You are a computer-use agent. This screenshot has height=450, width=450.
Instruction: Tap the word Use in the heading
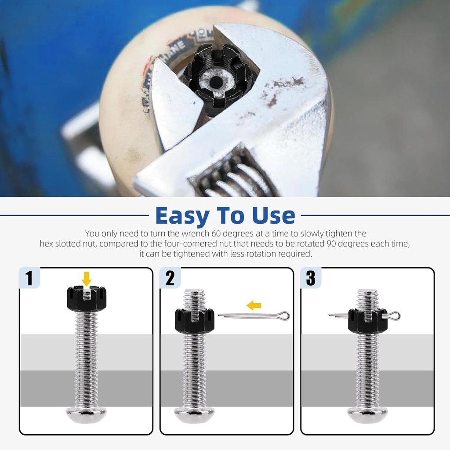pyautogui.click(x=273, y=215)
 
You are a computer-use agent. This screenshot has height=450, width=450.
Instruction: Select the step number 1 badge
pyautogui.click(x=29, y=278)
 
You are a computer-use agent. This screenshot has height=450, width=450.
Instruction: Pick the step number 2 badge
pyautogui.click(x=170, y=278)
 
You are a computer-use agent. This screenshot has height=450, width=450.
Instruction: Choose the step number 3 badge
pyautogui.click(x=311, y=278)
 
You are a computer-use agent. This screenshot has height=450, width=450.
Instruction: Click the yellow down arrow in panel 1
pyautogui.click(x=86, y=279)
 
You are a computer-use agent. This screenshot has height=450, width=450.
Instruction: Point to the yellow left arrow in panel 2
pyautogui.click(x=254, y=306)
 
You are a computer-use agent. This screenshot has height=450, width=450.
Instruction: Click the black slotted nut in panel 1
pyautogui.click(x=87, y=299)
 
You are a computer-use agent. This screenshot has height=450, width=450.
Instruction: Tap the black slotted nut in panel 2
pyautogui.click(x=195, y=321)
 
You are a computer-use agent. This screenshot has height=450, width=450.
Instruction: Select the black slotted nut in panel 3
pyautogui.click(x=368, y=321)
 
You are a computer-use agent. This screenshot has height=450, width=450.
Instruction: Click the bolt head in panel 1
pyautogui.click(x=87, y=415)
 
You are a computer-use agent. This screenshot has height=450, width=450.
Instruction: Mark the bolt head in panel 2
pyautogui.click(x=195, y=415)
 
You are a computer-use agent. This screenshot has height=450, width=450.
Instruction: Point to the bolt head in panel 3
pyautogui.click(x=368, y=415)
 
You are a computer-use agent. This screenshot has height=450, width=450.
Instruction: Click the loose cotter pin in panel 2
pyautogui.click(x=254, y=316)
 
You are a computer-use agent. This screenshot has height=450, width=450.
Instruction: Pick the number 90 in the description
pyautogui.click(x=331, y=243)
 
